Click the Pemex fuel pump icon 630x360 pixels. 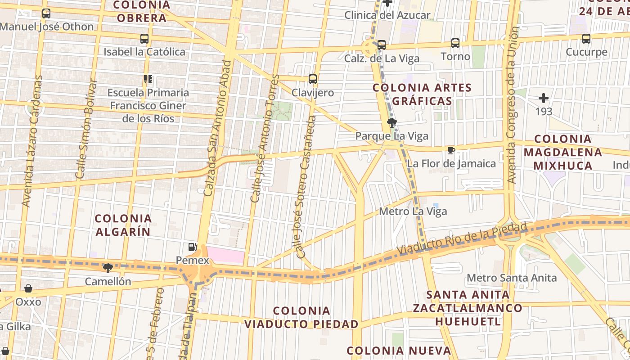pyautogui.click(x=192, y=247)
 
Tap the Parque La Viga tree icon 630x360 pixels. pyautogui.click(x=391, y=122)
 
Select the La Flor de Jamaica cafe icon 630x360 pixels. pyautogui.click(x=451, y=150)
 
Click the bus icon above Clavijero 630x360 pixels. pyautogui.click(x=313, y=79)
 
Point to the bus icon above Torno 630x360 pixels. pyautogui.click(x=455, y=43)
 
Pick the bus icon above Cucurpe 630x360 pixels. pyautogui.click(x=586, y=39)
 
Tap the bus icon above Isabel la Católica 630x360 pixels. pyautogui.click(x=144, y=39)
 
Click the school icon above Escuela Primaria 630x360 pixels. pyautogui.click(x=148, y=79)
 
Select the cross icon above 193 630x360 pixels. pyautogui.click(x=544, y=98)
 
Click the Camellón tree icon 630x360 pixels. pyautogui.click(x=108, y=268)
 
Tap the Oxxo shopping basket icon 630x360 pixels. pyautogui.click(x=28, y=288)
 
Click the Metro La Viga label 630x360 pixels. pyautogui.click(x=413, y=211)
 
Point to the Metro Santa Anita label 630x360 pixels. pyautogui.click(x=512, y=278)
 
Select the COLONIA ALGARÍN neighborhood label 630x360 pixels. pyautogui.click(x=123, y=225)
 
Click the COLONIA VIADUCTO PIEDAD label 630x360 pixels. pyautogui.click(x=301, y=317)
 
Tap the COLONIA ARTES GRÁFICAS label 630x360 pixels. pyautogui.click(x=422, y=94)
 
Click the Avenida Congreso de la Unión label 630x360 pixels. pyautogui.click(x=512, y=105)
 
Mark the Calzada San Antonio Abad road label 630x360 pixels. pyautogui.click(x=217, y=128)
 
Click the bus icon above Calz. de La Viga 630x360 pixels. pyautogui.click(x=382, y=45)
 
